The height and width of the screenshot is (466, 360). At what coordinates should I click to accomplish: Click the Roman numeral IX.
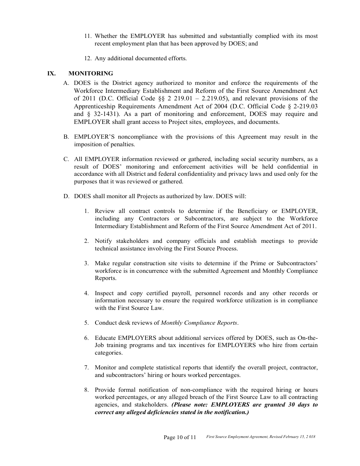point(52,73)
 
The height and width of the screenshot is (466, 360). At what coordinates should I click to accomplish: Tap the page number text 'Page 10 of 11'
point(180,437)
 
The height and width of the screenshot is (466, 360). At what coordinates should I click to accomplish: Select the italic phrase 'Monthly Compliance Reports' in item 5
point(199,323)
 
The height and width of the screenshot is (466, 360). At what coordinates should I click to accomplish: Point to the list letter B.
point(66,137)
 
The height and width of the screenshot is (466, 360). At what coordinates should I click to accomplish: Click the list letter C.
point(66,159)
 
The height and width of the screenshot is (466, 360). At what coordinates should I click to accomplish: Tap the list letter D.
point(66,196)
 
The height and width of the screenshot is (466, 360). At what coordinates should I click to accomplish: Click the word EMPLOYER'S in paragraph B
point(91,137)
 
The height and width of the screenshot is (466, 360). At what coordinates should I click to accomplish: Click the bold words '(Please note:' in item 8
point(190,405)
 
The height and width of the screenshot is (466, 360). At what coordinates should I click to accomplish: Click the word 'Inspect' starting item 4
point(104,293)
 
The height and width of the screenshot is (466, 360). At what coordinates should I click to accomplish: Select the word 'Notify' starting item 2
point(103,241)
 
